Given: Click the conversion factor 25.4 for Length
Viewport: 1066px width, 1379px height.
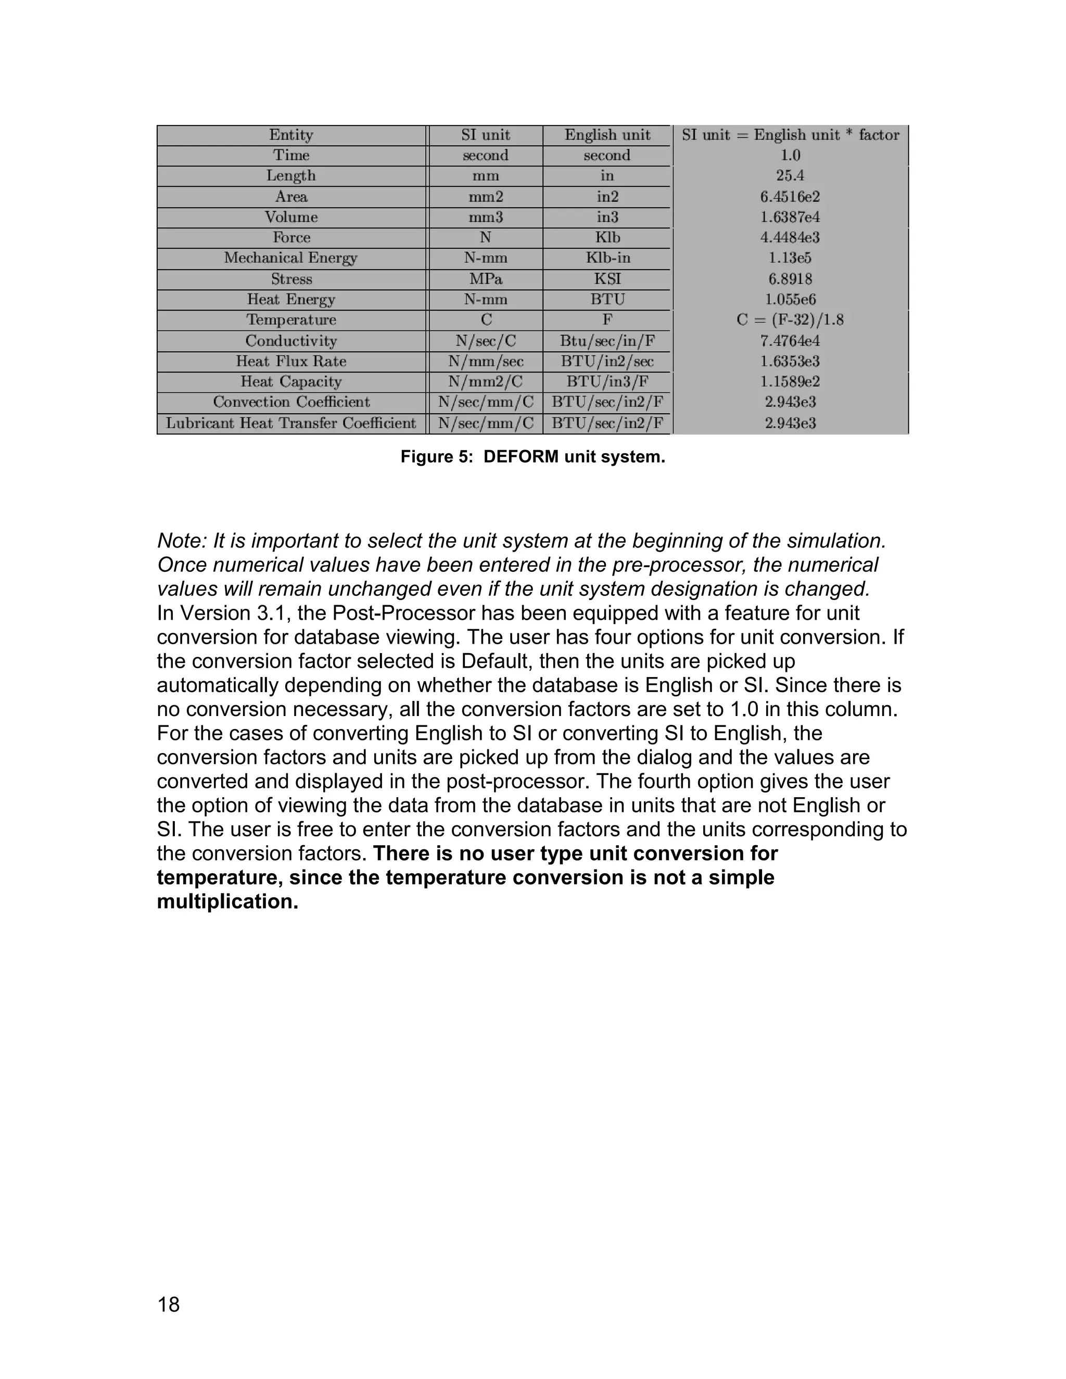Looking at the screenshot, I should [790, 175].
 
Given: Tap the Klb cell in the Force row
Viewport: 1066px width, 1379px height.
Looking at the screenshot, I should [607, 237].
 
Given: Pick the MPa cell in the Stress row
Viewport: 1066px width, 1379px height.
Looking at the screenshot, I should [485, 279].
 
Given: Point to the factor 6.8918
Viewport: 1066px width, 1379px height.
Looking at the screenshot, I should [790, 279].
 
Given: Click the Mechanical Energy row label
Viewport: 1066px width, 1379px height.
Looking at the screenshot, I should [290, 258].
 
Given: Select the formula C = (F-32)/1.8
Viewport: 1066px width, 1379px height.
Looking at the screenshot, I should [790, 320].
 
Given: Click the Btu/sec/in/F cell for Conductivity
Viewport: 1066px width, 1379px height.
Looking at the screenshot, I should [607, 341].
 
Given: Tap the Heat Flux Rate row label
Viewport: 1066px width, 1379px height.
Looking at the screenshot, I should [291, 361].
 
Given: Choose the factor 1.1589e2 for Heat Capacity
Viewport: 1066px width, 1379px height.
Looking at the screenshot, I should [790, 381].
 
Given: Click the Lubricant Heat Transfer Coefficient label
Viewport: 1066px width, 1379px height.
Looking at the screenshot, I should [291, 423].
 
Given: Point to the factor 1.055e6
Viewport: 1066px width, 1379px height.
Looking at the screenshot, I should [790, 299].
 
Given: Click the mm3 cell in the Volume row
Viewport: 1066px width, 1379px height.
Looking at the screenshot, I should [485, 217].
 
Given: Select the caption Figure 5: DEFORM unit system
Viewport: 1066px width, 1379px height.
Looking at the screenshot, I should [532, 456].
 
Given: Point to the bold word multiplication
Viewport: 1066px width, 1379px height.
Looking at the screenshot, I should [227, 901].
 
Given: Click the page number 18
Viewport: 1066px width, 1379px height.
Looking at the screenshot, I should [169, 1305].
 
